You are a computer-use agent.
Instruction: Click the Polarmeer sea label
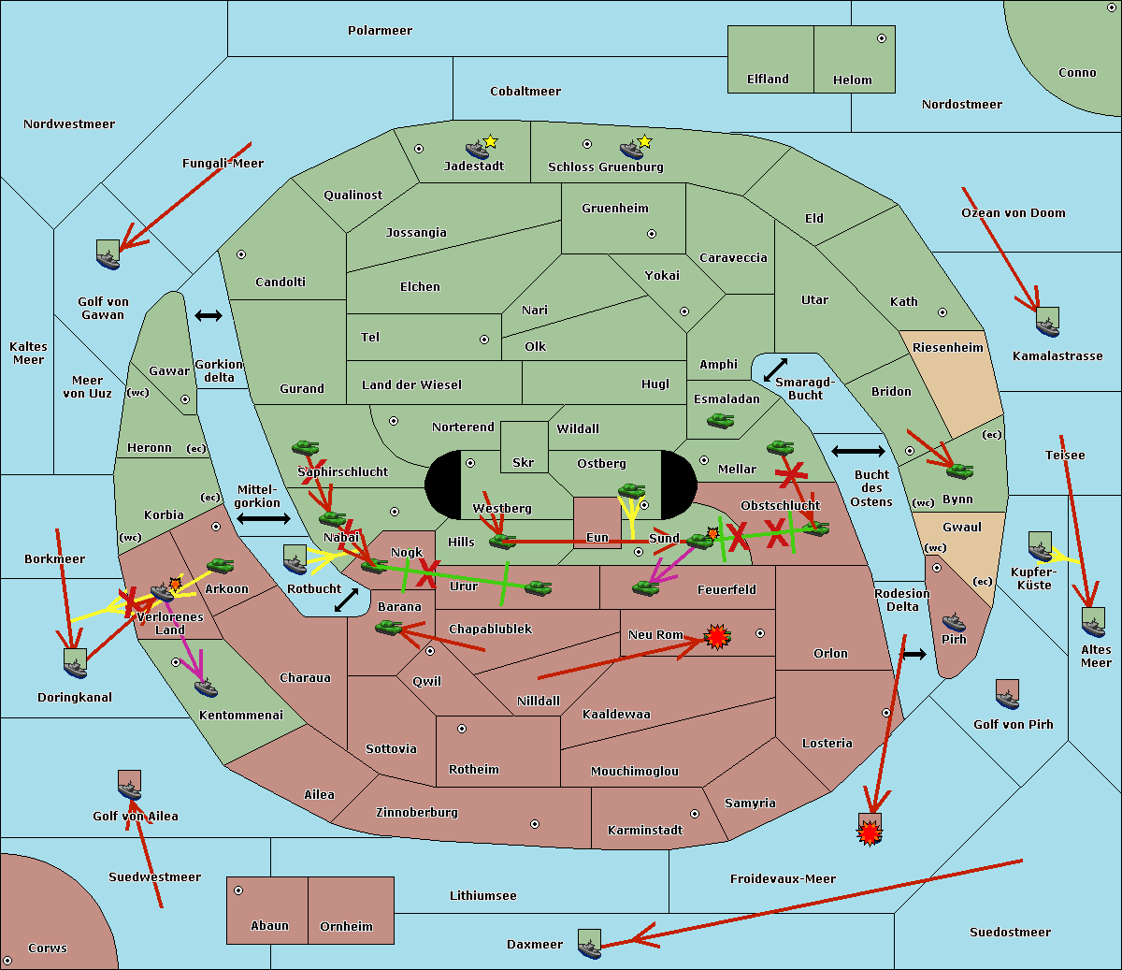380,31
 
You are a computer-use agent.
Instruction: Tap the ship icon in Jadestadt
478,149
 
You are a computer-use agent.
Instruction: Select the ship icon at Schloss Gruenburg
632,150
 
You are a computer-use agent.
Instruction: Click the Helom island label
852,80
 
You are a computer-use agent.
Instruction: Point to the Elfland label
768,80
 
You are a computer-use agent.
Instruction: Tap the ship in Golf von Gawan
108,254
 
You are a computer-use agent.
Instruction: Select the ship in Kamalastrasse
1047,322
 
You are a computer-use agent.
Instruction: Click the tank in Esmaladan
720,421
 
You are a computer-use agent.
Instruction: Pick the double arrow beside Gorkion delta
208,316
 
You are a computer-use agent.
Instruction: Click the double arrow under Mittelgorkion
263,518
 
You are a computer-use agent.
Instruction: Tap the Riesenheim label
948,348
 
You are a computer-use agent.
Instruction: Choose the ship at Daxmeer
589,944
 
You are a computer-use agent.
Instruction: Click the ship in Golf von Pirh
1007,694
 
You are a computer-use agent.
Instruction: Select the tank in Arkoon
220,566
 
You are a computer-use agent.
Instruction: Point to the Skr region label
524,463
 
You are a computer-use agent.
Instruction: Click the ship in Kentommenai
206,688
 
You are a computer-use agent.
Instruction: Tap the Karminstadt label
645,831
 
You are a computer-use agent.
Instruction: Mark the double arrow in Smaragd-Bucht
775,370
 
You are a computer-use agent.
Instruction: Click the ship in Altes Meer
1093,622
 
